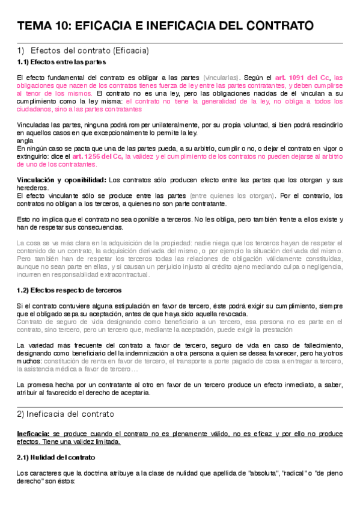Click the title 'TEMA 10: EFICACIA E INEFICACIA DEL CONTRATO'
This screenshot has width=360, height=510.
click(x=165, y=26)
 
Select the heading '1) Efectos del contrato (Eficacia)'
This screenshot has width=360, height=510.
click(x=83, y=51)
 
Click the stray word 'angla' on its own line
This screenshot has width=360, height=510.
click(x=25, y=140)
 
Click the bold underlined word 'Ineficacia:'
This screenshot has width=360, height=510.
click(x=34, y=433)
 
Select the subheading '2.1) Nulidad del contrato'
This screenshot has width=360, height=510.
click(x=52, y=457)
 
